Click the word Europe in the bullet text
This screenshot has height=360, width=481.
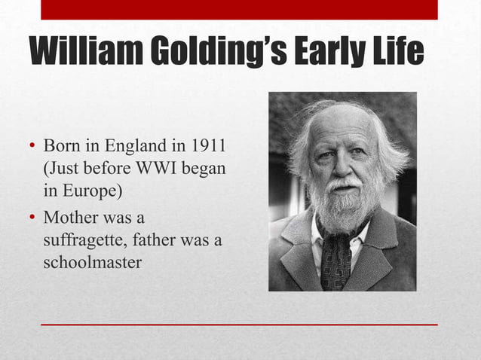coord(90,191)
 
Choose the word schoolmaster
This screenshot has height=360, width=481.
coord(93,264)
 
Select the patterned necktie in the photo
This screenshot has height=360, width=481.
coord(335,260)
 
